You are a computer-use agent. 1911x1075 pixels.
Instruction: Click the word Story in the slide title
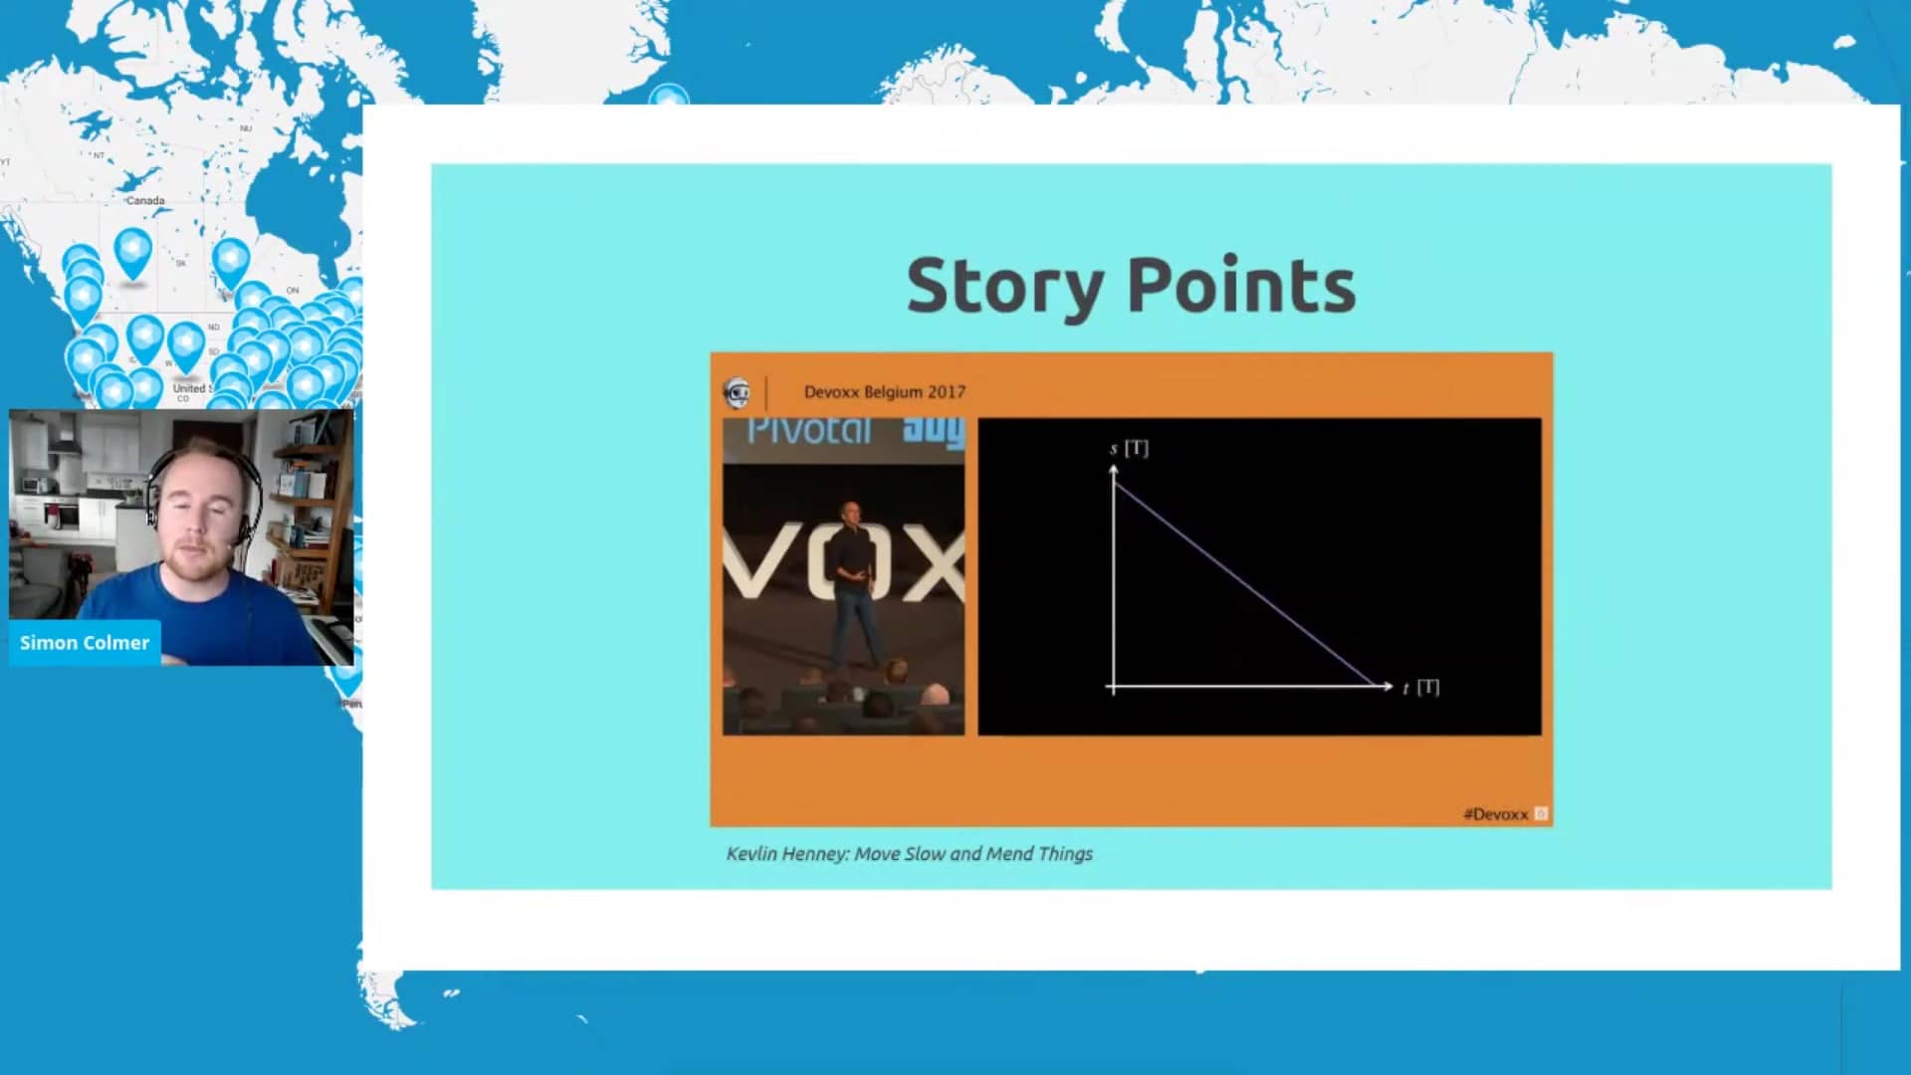(x=1003, y=287)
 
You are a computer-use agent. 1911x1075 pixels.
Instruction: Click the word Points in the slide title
(x=1241, y=287)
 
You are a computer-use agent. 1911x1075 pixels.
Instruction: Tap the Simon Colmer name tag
(x=85, y=643)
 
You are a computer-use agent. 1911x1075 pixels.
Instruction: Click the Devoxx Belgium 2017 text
(x=884, y=392)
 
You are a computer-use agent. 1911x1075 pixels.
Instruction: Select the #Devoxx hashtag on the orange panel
(x=1495, y=814)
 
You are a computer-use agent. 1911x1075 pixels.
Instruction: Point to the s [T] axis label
(x=1129, y=448)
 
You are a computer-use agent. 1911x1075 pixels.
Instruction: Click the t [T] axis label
(x=1420, y=687)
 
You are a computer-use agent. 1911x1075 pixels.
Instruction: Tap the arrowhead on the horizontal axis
(x=1386, y=686)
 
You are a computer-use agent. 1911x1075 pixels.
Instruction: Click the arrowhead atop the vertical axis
(x=1113, y=470)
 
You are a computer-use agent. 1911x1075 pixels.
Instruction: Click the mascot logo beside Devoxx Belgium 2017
(x=737, y=393)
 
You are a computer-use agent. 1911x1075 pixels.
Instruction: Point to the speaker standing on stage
(x=850, y=587)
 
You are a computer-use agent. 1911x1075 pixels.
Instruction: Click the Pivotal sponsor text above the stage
(x=808, y=431)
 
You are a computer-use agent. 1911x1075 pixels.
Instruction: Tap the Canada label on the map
(x=145, y=201)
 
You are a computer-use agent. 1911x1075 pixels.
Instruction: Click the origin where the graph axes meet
(x=1113, y=686)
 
